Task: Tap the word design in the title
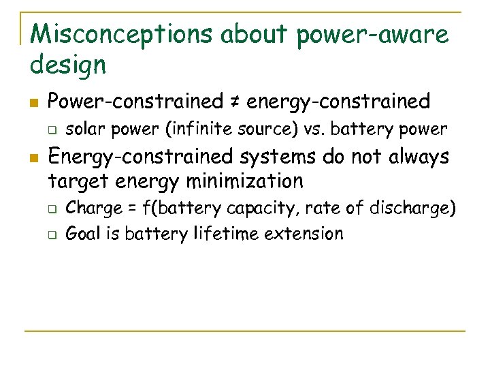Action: (x=68, y=65)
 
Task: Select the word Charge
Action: (x=93, y=208)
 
